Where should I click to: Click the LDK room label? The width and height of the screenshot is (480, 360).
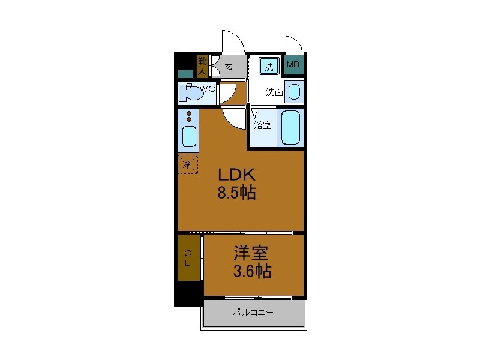(x=236, y=175)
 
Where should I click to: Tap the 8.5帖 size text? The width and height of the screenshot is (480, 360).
(x=236, y=193)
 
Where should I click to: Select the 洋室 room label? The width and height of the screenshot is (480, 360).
(x=251, y=253)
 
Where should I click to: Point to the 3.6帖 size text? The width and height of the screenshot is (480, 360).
(x=252, y=271)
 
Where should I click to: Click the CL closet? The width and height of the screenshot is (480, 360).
(x=189, y=257)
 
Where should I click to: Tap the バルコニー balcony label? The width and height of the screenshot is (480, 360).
(x=253, y=312)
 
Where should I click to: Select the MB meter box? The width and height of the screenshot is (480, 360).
(x=293, y=65)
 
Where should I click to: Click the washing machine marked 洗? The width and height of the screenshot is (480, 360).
(x=269, y=66)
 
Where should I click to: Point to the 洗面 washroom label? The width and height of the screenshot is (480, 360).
(x=274, y=92)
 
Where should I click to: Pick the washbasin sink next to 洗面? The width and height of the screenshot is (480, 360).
(x=294, y=92)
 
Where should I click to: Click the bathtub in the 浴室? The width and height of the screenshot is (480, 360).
(x=290, y=127)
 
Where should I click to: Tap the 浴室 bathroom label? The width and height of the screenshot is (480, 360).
(x=263, y=125)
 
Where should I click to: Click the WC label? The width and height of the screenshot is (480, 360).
(x=208, y=89)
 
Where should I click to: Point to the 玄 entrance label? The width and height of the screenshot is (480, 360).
(x=229, y=67)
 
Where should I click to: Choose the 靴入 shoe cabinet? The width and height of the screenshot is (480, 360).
(x=202, y=66)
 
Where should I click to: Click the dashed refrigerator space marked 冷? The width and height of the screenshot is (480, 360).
(x=188, y=164)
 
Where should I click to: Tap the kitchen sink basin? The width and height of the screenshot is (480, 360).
(x=189, y=137)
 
